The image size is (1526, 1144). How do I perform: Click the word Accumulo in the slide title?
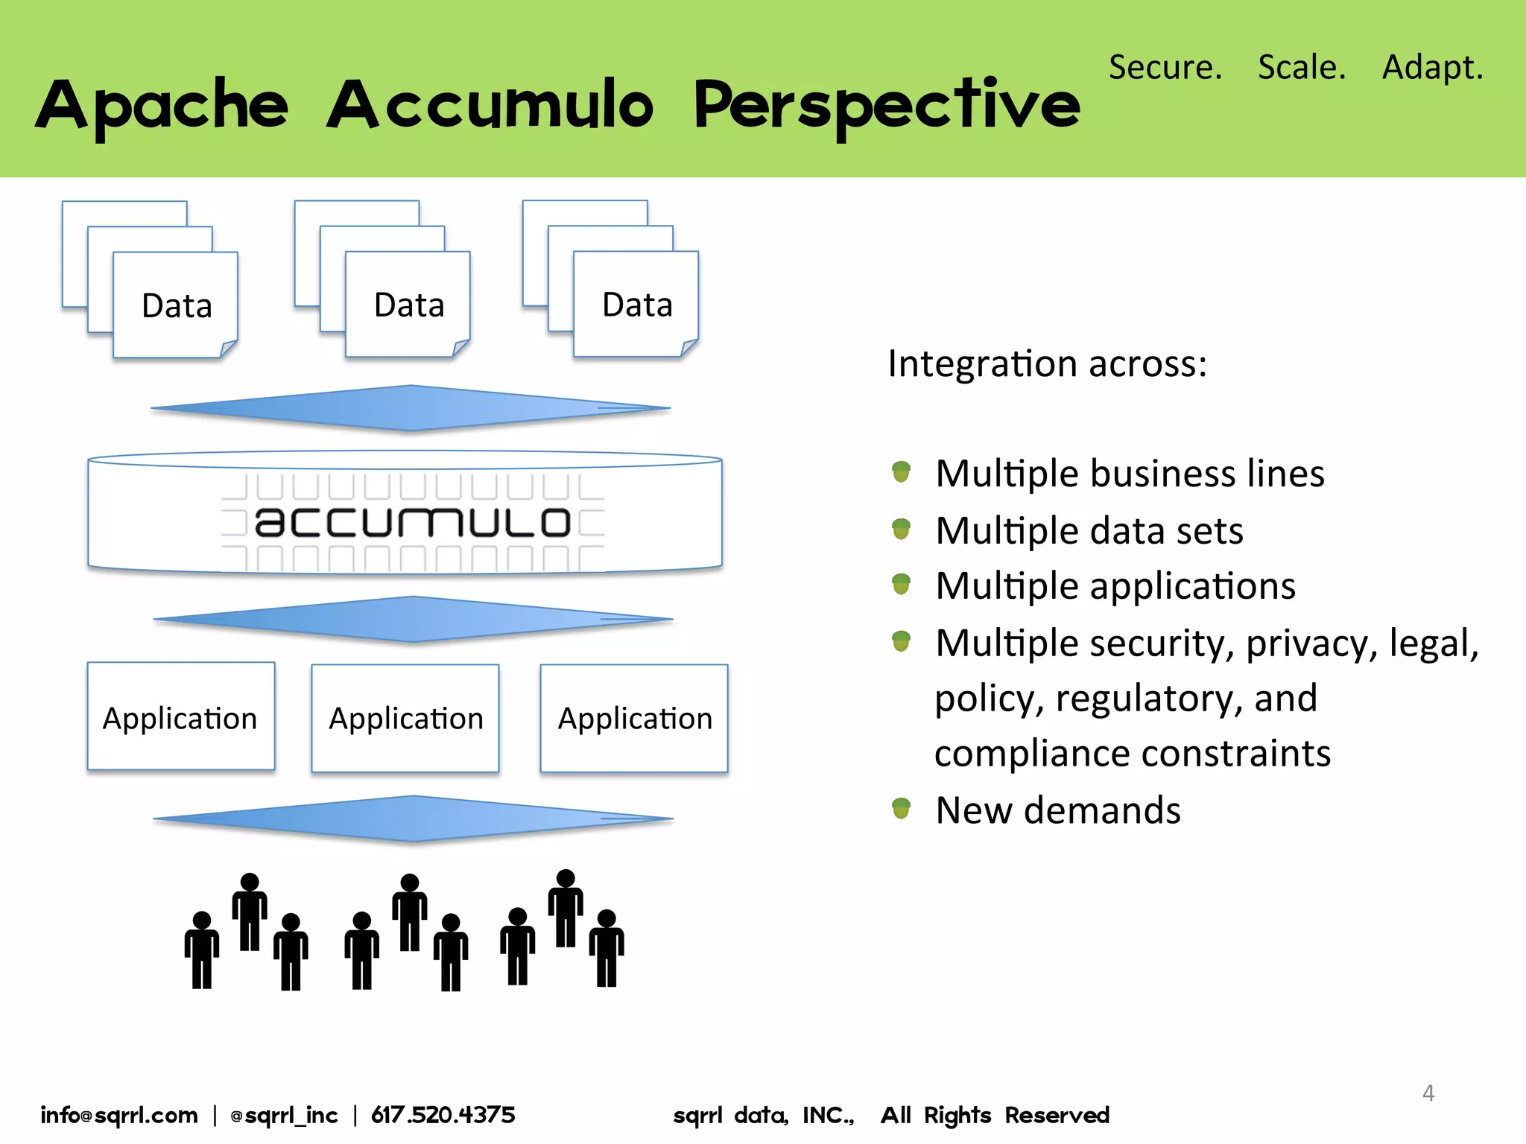pyautogui.click(x=490, y=106)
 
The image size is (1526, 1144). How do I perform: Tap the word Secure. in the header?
pyautogui.click(x=1165, y=67)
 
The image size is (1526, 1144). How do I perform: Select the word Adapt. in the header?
pyautogui.click(x=1432, y=67)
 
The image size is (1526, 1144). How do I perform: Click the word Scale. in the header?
pyautogui.click(x=1302, y=67)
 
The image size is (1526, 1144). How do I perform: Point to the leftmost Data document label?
pyautogui.click(x=177, y=306)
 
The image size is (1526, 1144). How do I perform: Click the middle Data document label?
pyautogui.click(x=409, y=305)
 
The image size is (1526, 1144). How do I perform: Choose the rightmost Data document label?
pyautogui.click(x=637, y=305)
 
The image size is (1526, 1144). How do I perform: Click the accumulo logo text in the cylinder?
pyautogui.click(x=412, y=522)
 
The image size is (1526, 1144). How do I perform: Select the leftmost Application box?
pyautogui.click(x=181, y=717)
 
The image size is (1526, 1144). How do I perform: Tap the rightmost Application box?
pyautogui.click(x=634, y=719)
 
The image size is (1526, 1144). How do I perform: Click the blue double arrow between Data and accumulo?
pyautogui.click(x=411, y=408)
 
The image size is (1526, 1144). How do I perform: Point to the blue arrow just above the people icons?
pyautogui.click(x=413, y=819)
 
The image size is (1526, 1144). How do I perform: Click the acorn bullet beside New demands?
pyautogui.click(x=901, y=808)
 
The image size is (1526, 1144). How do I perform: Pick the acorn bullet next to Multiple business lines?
pyautogui.click(x=901, y=471)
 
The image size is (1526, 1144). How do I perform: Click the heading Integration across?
pyautogui.click(x=1047, y=364)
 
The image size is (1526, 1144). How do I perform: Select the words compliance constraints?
pyautogui.click(x=1132, y=753)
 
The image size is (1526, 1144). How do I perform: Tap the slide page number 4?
pyautogui.click(x=1428, y=1093)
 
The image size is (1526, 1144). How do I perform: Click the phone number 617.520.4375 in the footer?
pyautogui.click(x=443, y=1115)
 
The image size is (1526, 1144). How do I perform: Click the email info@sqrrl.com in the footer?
pyautogui.click(x=119, y=1115)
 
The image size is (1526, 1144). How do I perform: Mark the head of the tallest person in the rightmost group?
pyautogui.click(x=566, y=879)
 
